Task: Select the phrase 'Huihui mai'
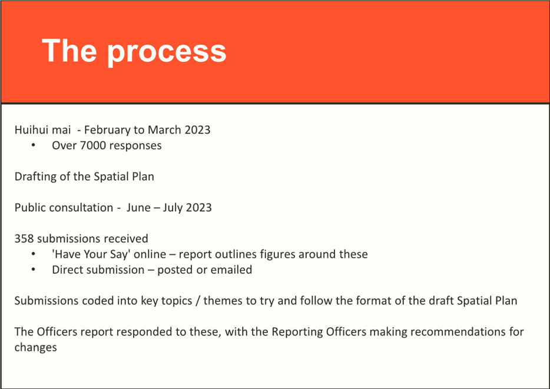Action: click(x=42, y=129)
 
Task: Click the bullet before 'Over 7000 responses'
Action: click(x=34, y=145)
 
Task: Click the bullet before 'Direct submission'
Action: click(x=34, y=270)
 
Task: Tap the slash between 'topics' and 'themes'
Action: click(x=198, y=301)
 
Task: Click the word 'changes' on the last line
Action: click(x=35, y=347)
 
